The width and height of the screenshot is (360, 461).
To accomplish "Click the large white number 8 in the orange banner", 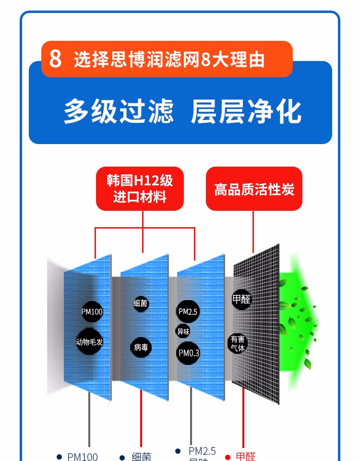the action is click(56, 59).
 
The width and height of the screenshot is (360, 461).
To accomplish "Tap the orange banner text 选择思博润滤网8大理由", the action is click(169, 60).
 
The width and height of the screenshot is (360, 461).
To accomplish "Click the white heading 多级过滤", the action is click(118, 111).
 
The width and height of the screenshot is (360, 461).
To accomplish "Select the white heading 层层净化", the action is click(246, 111).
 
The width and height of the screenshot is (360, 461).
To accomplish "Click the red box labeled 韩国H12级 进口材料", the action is click(140, 188).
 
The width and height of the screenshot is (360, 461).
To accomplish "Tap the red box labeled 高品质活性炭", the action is click(254, 189).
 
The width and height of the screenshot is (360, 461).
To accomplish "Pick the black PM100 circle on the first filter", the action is click(92, 312).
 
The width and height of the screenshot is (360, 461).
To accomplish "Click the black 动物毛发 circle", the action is click(89, 342).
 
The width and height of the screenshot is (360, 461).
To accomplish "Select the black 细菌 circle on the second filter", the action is click(141, 303).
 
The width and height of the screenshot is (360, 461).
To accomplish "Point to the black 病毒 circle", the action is click(141, 347).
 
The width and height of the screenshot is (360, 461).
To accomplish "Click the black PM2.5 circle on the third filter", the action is click(188, 312).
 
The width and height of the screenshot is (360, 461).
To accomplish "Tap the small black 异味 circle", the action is click(183, 331).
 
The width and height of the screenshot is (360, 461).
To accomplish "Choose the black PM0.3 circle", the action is click(189, 353).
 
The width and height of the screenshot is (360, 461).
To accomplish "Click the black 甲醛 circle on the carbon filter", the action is click(241, 300).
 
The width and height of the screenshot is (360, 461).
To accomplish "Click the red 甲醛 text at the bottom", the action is click(246, 456).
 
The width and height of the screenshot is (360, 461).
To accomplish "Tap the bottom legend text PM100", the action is click(82, 457).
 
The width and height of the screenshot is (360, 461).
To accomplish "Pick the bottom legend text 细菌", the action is click(142, 457).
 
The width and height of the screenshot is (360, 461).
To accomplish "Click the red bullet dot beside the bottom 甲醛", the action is click(228, 457).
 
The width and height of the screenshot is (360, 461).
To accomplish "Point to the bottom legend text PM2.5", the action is click(202, 451).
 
